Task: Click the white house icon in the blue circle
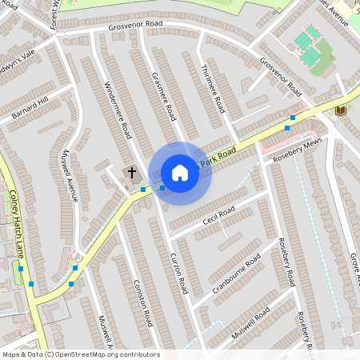(180, 173)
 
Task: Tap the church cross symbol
(131, 173)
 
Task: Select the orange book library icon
(342, 109)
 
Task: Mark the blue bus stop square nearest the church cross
(143, 190)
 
